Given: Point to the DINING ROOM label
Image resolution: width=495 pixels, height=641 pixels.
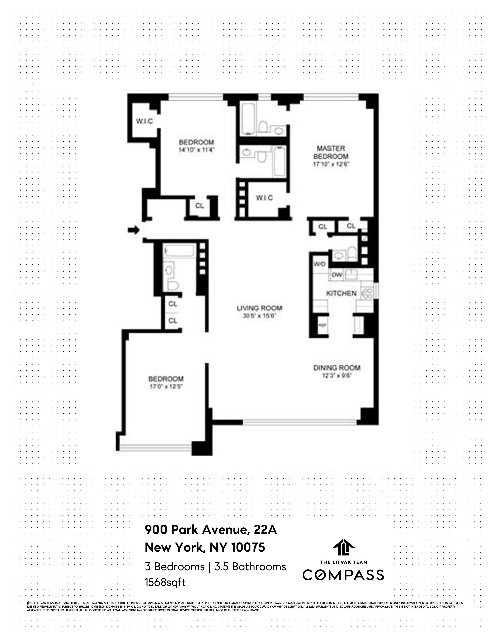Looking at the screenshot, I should click(337, 368).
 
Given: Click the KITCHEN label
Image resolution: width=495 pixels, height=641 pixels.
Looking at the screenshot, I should click(341, 293).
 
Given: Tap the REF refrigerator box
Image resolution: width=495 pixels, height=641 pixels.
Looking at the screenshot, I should click(322, 325).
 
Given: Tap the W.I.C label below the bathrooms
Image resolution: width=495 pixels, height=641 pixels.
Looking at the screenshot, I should click(264, 198).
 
